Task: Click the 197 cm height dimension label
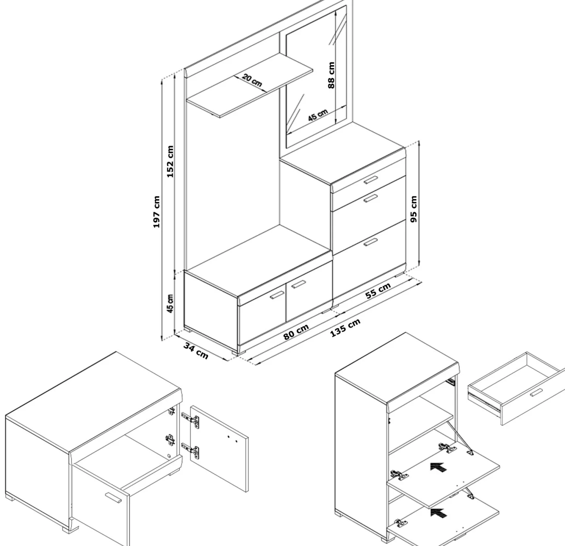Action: click(x=156, y=212)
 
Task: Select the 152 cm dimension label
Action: click(x=170, y=161)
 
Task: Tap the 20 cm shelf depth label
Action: click(x=252, y=80)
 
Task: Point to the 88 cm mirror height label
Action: click(x=331, y=75)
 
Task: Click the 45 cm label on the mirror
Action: click(x=318, y=115)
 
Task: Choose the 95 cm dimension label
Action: click(x=414, y=209)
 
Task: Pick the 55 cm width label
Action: click(x=378, y=291)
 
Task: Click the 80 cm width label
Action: click(x=296, y=332)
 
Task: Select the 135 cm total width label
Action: click(x=345, y=328)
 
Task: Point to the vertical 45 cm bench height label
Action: click(x=170, y=303)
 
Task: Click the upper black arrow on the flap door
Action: click(x=439, y=467)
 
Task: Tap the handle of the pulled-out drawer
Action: click(x=536, y=392)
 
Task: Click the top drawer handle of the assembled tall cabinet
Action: click(x=371, y=180)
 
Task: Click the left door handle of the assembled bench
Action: click(x=277, y=295)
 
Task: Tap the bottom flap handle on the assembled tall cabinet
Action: click(x=371, y=243)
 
